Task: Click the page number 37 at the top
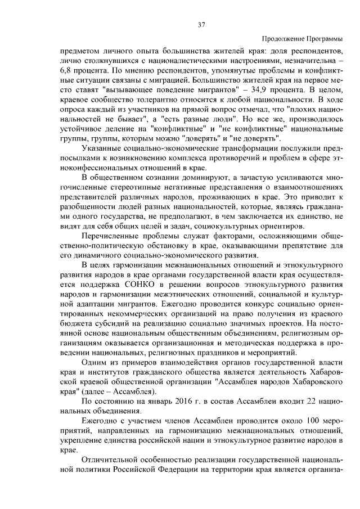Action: coord(201,24)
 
